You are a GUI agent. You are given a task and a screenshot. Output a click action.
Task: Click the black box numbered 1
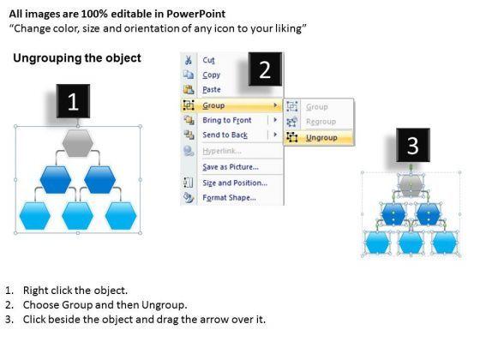(73, 101)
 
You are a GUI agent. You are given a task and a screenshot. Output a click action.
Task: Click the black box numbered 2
(265, 69)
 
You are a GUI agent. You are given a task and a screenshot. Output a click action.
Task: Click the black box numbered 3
(413, 145)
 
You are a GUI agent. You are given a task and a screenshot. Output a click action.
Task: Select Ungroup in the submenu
(321, 138)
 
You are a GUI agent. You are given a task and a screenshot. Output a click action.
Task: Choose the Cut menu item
(208, 60)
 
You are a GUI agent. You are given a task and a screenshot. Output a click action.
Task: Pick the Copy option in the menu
(211, 75)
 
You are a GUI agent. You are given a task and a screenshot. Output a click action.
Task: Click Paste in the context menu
(212, 89)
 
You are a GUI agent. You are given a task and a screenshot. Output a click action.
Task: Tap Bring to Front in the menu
(227, 120)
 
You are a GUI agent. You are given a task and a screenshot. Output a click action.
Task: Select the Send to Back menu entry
(225, 135)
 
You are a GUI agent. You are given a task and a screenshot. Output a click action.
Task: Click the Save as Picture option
(231, 167)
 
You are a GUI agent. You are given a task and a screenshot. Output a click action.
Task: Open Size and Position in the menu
(235, 183)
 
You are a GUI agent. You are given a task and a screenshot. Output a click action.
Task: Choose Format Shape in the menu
(230, 197)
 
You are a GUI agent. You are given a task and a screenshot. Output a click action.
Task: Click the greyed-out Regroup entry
(321, 122)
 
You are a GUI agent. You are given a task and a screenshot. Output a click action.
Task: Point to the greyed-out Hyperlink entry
(222, 151)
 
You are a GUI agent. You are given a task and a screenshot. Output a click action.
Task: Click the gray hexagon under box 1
(77, 143)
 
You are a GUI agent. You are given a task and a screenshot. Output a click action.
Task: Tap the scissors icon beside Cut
(189, 60)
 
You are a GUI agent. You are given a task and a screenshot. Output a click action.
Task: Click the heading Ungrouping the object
(77, 58)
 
